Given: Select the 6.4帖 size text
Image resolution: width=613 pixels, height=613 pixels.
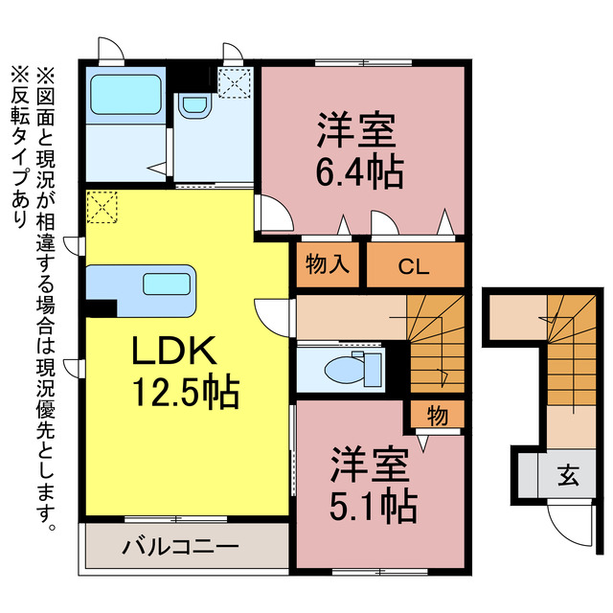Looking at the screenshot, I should click(x=359, y=172).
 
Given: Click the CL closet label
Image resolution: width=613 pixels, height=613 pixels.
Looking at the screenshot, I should click(x=414, y=265).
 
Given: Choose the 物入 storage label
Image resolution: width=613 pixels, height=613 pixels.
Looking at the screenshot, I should click(x=326, y=265).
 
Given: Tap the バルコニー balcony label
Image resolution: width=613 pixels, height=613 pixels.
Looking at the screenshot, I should click(x=180, y=549).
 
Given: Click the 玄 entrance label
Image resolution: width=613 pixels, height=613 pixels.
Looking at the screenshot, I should click(x=568, y=474).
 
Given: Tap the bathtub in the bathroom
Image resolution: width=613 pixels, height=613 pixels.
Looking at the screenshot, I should click(x=116, y=95).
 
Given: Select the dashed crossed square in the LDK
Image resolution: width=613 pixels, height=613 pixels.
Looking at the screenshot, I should click(x=102, y=206).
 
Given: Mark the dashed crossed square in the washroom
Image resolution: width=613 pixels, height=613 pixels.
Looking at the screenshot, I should click(x=234, y=82).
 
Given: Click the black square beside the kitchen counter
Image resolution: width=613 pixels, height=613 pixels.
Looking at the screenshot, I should click(x=98, y=308).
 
